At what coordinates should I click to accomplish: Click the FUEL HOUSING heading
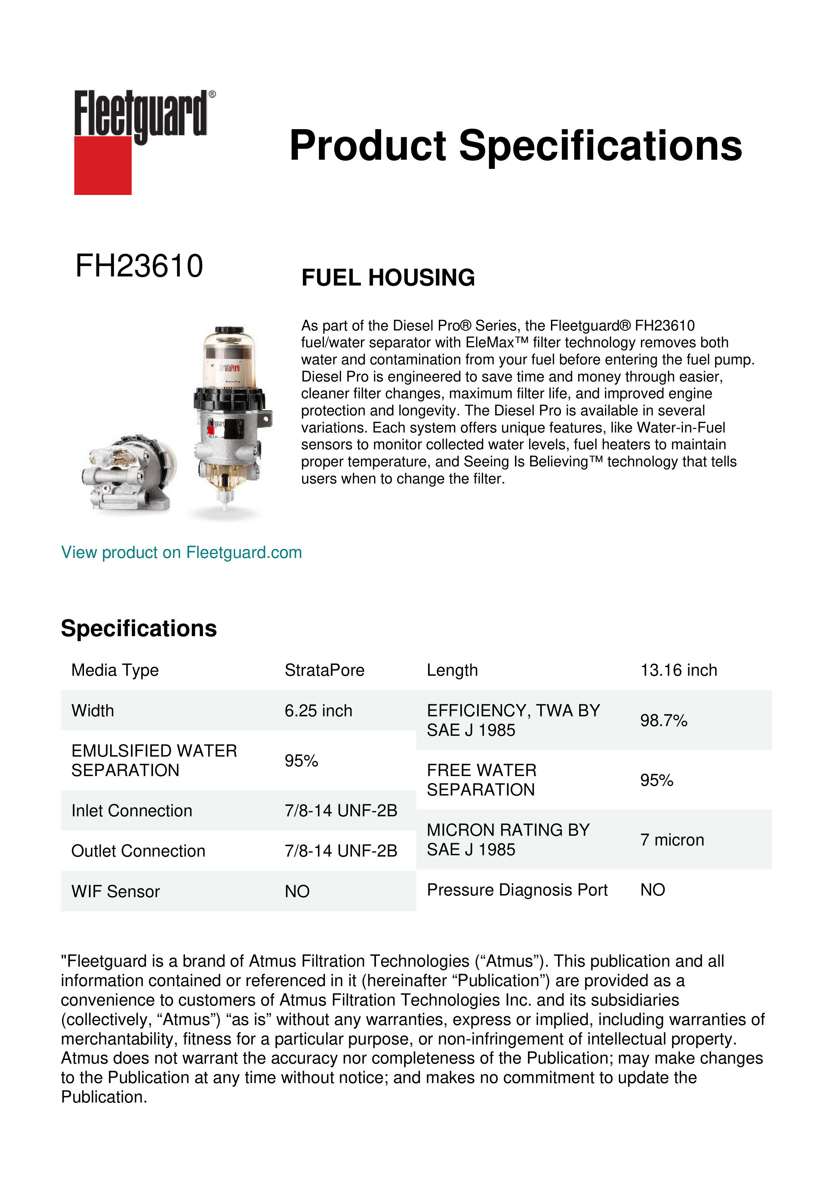(388, 278)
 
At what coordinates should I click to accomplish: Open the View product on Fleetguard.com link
(181, 553)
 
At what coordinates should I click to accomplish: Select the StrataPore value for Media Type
(324, 670)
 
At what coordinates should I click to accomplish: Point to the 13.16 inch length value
(678, 670)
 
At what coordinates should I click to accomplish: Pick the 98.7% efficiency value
(663, 720)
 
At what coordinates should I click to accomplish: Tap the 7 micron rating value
(672, 840)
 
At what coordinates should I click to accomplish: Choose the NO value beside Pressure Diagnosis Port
(652, 890)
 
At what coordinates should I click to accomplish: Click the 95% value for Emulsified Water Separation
(301, 761)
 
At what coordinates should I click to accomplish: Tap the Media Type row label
(115, 670)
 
